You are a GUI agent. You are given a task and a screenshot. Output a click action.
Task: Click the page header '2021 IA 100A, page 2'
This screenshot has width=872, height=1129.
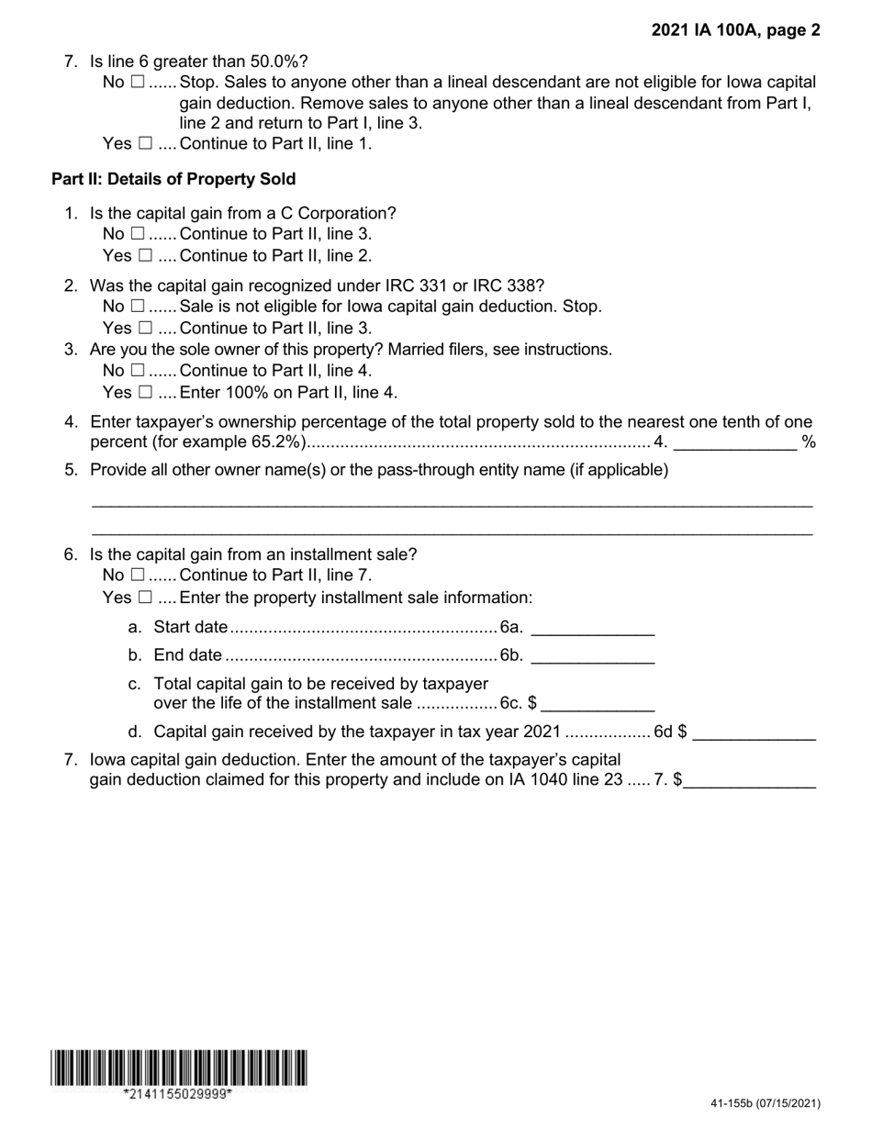tap(735, 30)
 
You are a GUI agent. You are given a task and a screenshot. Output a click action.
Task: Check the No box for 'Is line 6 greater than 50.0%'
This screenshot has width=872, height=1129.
tap(138, 82)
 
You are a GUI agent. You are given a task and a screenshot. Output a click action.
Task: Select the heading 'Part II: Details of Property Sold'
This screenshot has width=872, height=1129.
tap(173, 179)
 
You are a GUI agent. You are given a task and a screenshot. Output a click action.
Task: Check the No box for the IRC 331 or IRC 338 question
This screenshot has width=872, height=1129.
tap(138, 306)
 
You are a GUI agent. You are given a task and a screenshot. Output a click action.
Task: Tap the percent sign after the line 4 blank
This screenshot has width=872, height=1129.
tap(809, 442)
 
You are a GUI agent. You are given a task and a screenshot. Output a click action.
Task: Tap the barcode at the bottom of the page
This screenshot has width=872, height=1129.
tap(179, 1068)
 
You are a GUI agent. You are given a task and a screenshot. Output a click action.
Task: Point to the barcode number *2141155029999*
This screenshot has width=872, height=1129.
tap(178, 1094)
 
